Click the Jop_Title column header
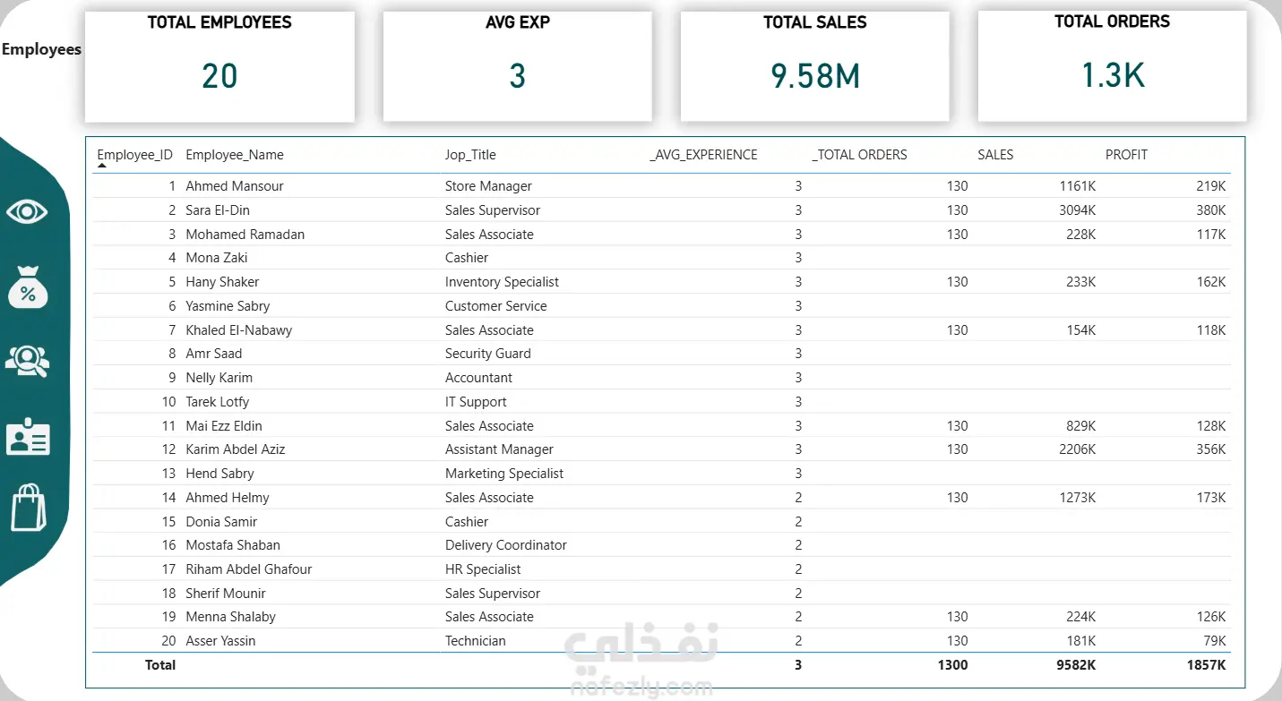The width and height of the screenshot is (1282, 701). pyautogui.click(x=470, y=155)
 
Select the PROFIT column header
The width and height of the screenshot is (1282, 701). pyautogui.click(x=1126, y=155)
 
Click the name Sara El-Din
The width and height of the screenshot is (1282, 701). pyautogui.click(x=218, y=210)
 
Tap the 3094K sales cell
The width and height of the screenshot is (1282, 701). pyautogui.click(x=1075, y=210)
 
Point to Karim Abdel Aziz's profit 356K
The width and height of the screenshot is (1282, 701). pyautogui.click(x=1210, y=449)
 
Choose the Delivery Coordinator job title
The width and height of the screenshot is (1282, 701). pyautogui.click(x=505, y=545)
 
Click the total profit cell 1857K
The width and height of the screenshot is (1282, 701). pyautogui.click(x=1206, y=665)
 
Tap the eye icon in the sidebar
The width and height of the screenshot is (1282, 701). pyautogui.click(x=28, y=212)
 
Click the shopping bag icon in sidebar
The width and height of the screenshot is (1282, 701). pyautogui.click(x=28, y=509)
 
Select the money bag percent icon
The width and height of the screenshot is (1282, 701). pyautogui.click(x=28, y=287)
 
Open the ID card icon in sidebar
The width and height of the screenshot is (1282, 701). pyautogui.click(x=28, y=437)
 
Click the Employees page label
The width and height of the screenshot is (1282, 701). pyautogui.click(x=41, y=50)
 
